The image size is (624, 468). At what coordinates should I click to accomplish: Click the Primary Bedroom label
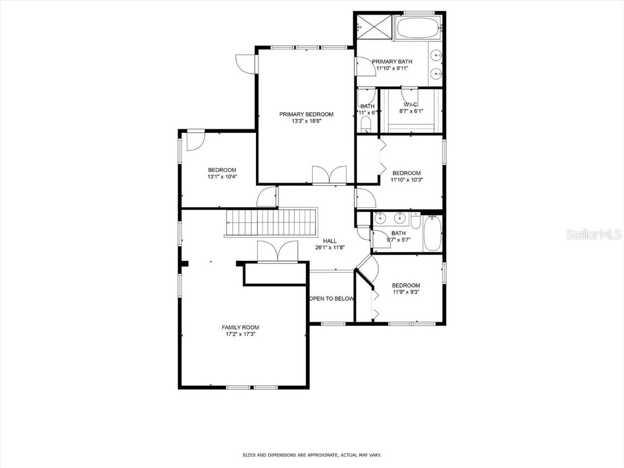tap(306, 114)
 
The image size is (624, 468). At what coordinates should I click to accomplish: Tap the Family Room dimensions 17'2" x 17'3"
tap(239, 334)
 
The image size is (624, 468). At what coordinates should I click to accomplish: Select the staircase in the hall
tap(272, 222)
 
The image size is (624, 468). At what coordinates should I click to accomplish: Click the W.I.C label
tap(411, 104)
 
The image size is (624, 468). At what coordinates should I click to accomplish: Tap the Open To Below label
tap(331, 299)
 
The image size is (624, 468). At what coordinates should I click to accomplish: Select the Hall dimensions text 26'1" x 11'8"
tap(330, 248)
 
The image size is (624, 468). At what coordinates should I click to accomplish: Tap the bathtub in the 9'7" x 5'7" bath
tap(432, 234)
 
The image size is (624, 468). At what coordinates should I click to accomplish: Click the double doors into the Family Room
tap(277, 252)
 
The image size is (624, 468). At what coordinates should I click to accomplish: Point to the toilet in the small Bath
tap(366, 124)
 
